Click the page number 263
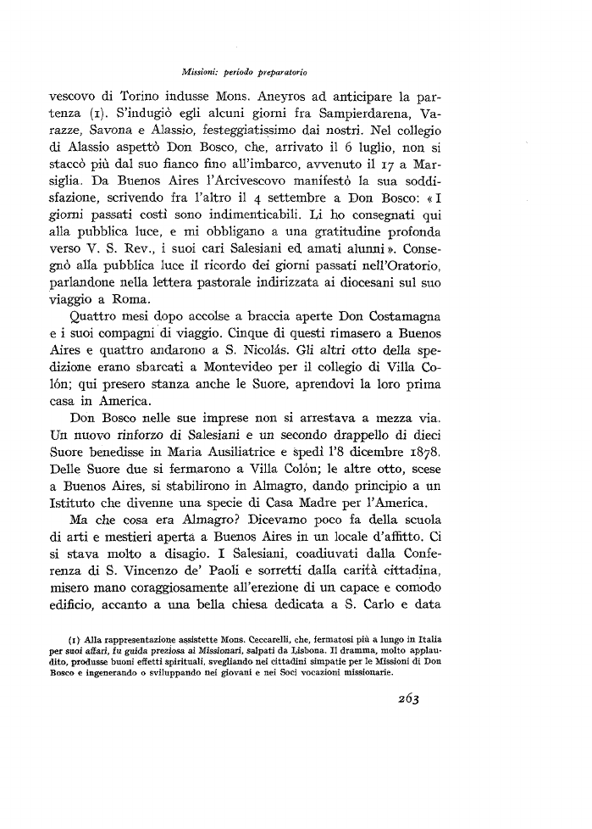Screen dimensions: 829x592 click(x=404, y=698)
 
